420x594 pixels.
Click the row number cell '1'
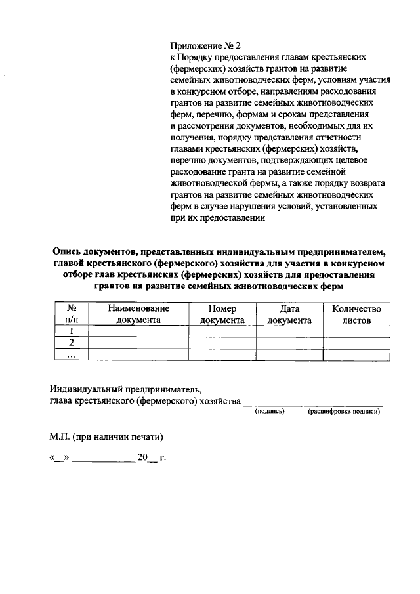pyautogui.click(x=70, y=331)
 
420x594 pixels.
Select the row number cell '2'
pyautogui.click(x=70, y=343)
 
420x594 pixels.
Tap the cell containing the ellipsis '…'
pyautogui.click(x=70, y=354)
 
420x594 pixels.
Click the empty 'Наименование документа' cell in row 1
pyautogui.click(x=138, y=331)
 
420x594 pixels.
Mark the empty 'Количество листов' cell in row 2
pyautogui.click(x=356, y=343)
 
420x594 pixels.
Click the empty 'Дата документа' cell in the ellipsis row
pyautogui.click(x=289, y=354)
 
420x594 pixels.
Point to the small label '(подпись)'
pyautogui.click(x=269, y=412)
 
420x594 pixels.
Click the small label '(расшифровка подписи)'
pyautogui.click(x=344, y=412)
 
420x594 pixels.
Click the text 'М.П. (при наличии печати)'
pyautogui.click(x=106, y=436)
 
